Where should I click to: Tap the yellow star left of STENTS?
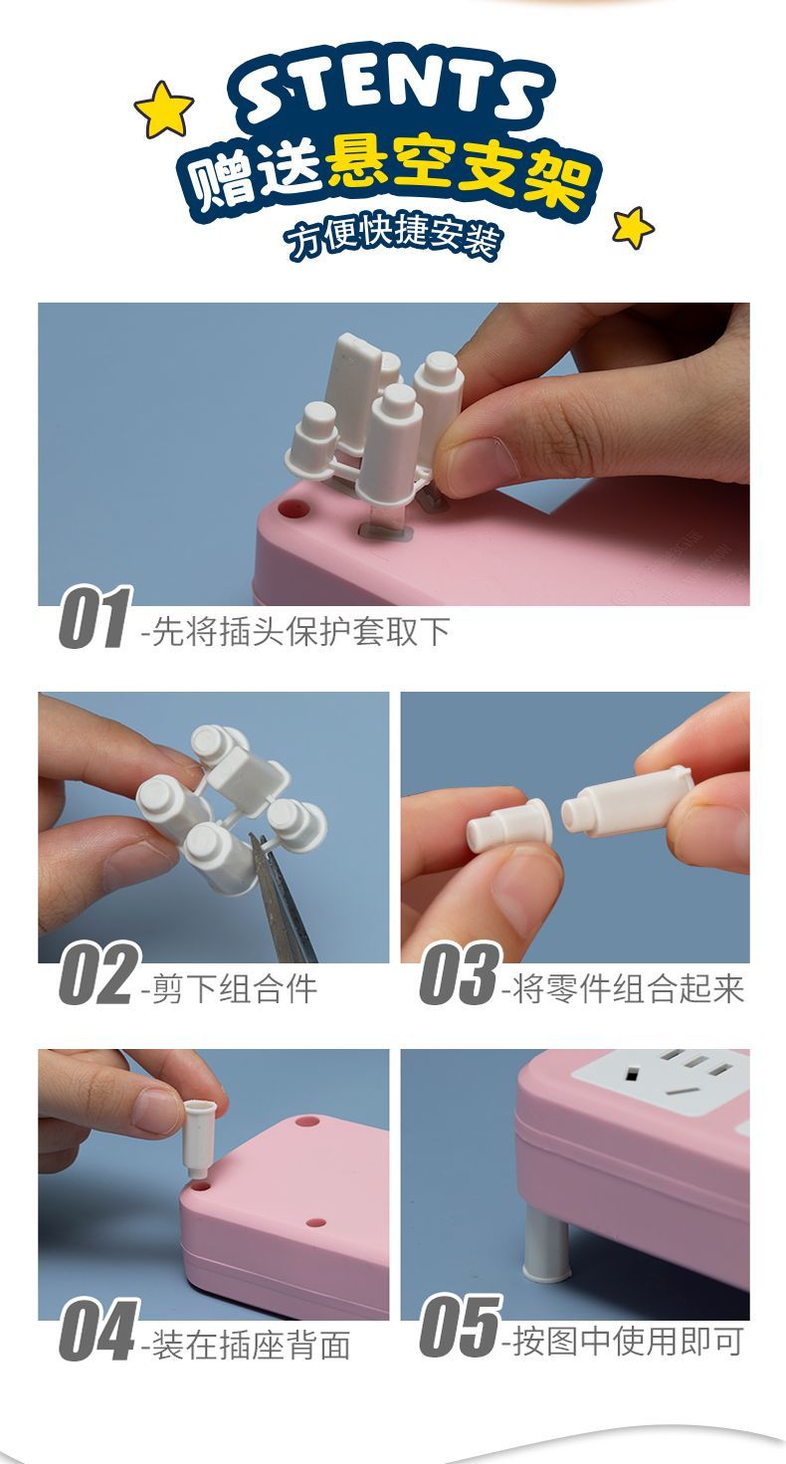coord(163,109)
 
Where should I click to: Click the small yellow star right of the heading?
coord(632,227)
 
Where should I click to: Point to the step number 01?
coord(95,618)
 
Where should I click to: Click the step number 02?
coord(98,973)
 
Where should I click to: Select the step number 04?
coord(98,1330)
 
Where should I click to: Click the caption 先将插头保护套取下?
coord(295,631)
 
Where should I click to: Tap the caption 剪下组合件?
coord(229,987)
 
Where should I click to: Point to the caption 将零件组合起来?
coord(623,987)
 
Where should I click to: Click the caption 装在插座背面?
coord(246,1344)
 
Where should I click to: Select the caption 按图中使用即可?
coord(623,1341)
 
